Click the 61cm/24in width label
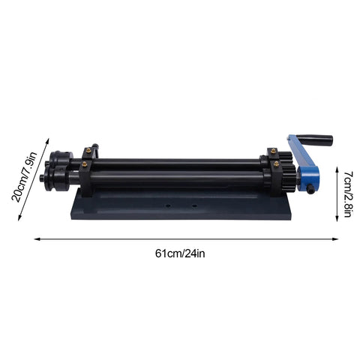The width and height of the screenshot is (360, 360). [x=179, y=253]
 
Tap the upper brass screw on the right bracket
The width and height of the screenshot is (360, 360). [x=274, y=154]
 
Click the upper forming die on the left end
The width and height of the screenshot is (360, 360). [x=58, y=159]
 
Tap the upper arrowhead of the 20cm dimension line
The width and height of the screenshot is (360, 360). [x=48, y=138]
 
